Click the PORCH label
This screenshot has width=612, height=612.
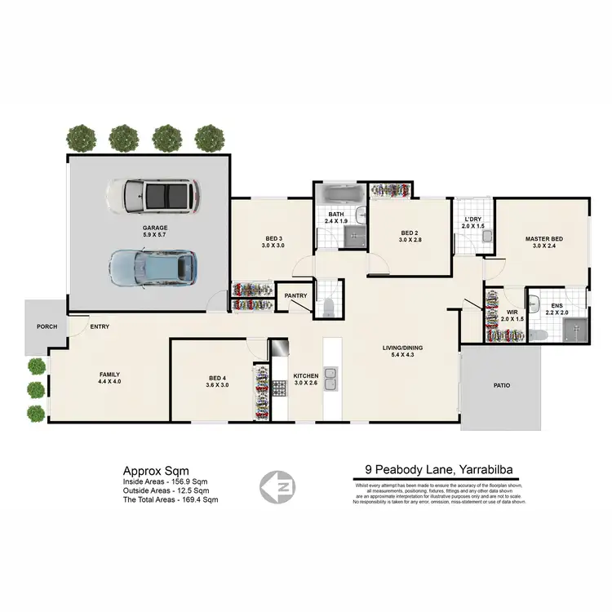click(x=46, y=326)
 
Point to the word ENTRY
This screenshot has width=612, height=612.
click(x=100, y=326)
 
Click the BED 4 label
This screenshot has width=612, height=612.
click(x=217, y=378)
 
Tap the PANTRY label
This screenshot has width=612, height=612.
click(x=295, y=296)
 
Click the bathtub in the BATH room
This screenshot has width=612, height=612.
click(x=343, y=196)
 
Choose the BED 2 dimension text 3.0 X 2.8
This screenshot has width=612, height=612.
click(x=410, y=240)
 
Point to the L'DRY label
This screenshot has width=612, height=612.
click(x=473, y=220)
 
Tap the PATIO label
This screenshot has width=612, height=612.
click(x=502, y=385)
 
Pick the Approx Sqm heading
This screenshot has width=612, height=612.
click(x=155, y=471)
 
